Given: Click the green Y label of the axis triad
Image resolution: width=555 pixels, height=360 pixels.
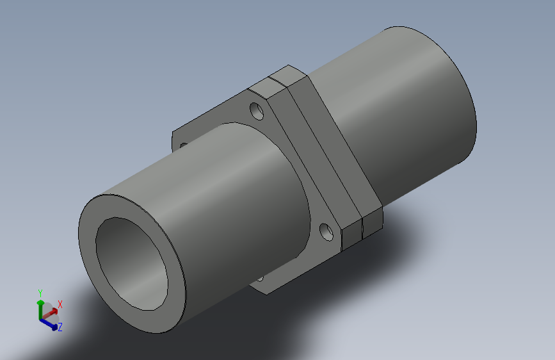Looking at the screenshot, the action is pyautogui.click(x=40, y=293).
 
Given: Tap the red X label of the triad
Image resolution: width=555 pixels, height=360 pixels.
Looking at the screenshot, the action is pyautogui.click(x=60, y=304).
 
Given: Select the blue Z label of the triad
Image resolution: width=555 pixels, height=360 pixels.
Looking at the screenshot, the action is pyautogui.click(x=60, y=327).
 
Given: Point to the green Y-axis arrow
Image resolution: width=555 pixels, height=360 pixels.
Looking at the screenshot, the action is pyautogui.click(x=40, y=309).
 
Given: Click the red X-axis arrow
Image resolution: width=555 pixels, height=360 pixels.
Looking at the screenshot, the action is pyautogui.click(x=49, y=315).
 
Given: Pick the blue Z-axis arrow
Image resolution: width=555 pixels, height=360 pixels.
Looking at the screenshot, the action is pyautogui.click(x=49, y=324).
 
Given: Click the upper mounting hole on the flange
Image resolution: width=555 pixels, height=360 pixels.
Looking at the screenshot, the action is pyautogui.click(x=257, y=111).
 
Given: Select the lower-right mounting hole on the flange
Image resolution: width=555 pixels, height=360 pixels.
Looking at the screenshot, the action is pyautogui.click(x=326, y=232).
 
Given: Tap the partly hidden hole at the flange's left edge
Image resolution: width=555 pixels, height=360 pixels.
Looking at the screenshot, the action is pyautogui.click(x=183, y=145).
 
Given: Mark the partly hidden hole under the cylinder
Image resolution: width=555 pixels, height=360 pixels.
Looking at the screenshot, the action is pyautogui.click(x=260, y=279).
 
